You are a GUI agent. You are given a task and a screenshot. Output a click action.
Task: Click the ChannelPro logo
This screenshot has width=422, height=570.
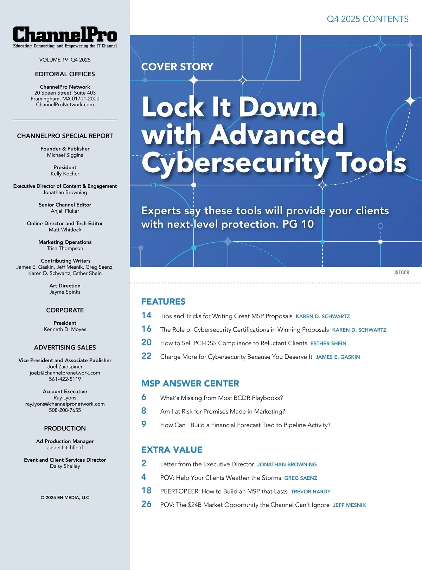(x=65, y=35)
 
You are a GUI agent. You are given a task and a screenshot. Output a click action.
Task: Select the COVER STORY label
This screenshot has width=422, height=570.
(x=177, y=67)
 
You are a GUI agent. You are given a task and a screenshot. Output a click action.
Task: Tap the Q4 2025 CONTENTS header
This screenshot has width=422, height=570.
(x=367, y=19)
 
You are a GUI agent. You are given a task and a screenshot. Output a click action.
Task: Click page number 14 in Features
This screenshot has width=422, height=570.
(x=146, y=315)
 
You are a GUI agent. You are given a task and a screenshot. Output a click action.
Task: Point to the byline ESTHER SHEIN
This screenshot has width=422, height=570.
(x=328, y=344)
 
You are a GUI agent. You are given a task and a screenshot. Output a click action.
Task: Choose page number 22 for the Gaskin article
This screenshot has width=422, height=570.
(x=146, y=356)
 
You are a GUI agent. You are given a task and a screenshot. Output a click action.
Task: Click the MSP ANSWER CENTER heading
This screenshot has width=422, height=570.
(x=190, y=384)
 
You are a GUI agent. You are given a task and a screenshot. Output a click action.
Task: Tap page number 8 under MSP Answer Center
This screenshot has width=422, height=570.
(x=144, y=411)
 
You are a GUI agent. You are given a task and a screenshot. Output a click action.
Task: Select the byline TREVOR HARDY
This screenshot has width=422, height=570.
(x=311, y=492)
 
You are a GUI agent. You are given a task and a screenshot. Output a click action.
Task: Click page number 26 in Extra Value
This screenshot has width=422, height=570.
(x=146, y=504)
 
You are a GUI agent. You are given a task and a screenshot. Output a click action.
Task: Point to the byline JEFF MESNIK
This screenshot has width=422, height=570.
(x=349, y=505)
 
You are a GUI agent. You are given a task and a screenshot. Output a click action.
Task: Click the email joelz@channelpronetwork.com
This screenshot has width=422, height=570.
(x=65, y=373)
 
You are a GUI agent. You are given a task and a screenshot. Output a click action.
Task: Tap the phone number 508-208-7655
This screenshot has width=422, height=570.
(x=65, y=410)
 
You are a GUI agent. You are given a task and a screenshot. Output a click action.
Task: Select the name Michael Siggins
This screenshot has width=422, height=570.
(x=65, y=155)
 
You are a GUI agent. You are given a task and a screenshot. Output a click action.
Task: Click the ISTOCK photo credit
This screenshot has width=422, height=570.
(x=402, y=273)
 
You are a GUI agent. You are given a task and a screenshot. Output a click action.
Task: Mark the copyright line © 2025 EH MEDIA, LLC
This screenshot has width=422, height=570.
(x=65, y=498)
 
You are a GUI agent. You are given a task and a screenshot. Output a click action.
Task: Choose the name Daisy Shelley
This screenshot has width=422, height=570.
(x=65, y=466)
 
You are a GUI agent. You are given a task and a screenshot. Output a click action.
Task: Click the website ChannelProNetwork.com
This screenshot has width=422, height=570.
(x=65, y=105)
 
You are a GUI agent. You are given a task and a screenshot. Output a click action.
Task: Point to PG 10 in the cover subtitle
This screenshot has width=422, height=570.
(x=298, y=224)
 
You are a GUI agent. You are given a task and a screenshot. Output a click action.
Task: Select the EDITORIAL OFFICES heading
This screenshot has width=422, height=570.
(x=65, y=74)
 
